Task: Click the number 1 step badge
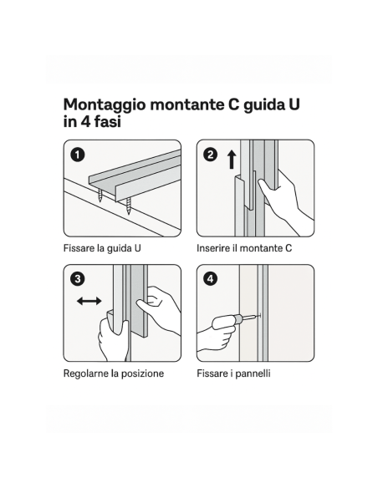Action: pyautogui.click(x=77, y=155)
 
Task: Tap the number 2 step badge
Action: pyautogui.click(x=211, y=155)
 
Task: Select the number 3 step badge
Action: pyautogui.click(x=77, y=279)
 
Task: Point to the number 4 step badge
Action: pyautogui.click(x=211, y=279)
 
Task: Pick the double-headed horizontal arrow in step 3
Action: pyautogui.click(x=89, y=300)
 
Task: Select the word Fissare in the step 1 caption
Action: pyautogui.click(x=79, y=248)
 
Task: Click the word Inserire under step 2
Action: pyautogui.click(x=216, y=248)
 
